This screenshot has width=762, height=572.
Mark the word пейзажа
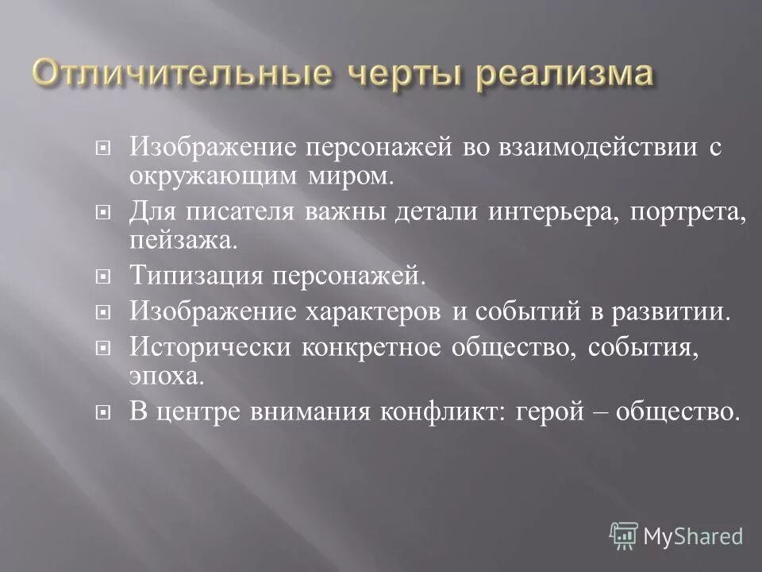(x=183, y=241)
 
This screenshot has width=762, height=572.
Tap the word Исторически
(x=208, y=348)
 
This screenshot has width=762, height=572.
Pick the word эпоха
(x=166, y=376)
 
